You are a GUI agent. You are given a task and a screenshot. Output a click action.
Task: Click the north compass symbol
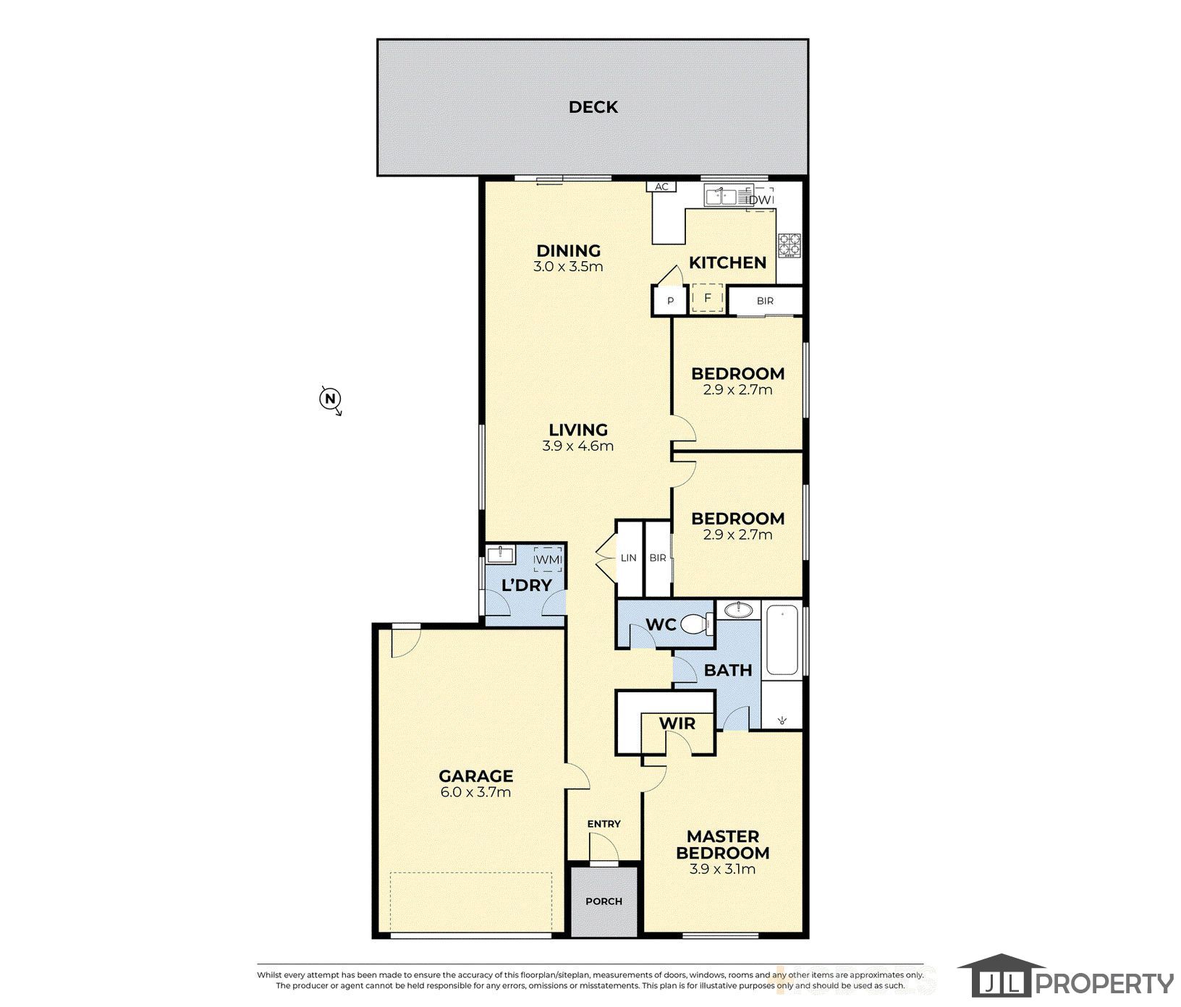click(x=331, y=399)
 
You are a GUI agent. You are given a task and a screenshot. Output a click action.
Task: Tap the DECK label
click(x=593, y=107)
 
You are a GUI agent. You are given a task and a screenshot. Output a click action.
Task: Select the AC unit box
click(x=661, y=187)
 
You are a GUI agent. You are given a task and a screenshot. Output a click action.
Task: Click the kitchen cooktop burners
click(x=788, y=245)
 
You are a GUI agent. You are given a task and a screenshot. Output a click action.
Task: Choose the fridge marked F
click(x=708, y=298)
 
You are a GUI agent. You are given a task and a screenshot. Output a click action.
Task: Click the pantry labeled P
click(x=670, y=301)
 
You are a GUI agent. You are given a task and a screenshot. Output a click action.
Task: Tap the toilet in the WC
click(x=696, y=623)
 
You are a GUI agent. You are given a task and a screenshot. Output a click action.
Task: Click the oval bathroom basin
click(x=737, y=609)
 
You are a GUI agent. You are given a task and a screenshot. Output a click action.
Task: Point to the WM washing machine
click(x=547, y=559)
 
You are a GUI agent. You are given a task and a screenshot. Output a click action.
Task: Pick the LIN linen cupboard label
click(x=628, y=558)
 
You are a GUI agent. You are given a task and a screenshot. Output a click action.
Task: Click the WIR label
click(x=677, y=723)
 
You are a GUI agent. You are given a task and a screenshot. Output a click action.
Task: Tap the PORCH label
click(x=604, y=901)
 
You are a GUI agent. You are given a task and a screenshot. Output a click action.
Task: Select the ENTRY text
click(x=604, y=823)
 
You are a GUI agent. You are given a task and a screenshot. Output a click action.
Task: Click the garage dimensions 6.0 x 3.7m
click(x=475, y=791)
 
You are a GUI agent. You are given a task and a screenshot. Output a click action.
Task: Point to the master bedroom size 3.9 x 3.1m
click(x=722, y=869)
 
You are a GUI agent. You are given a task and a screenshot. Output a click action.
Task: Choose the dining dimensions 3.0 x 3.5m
click(x=568, y=266)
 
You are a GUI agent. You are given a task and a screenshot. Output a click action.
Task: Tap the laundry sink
click(x=500, y=556)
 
